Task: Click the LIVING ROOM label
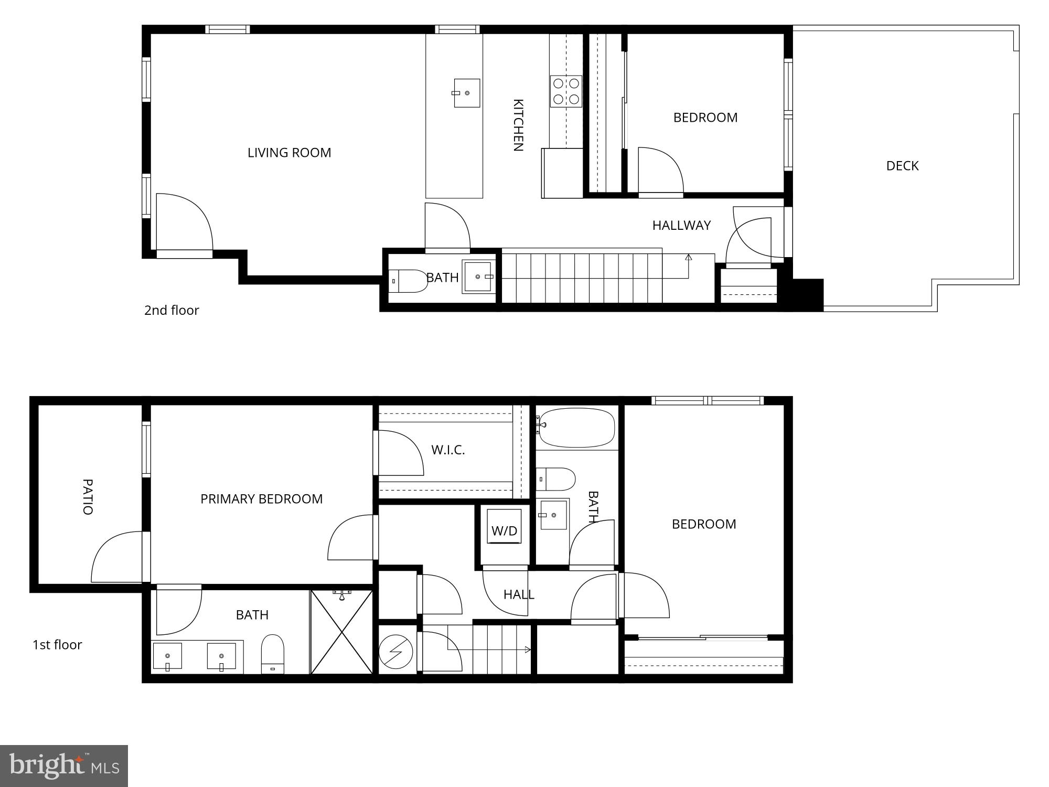289,153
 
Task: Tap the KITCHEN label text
518,125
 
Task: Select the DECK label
902,166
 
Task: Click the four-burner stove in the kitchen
566,91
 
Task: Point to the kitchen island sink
466,93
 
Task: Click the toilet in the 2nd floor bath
409,281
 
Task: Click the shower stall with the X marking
341,632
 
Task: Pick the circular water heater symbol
395,652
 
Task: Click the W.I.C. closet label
448,450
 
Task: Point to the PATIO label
88,496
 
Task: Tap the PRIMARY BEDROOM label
261,499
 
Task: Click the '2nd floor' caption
172,310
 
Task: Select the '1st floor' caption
57,645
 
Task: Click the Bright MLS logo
64,766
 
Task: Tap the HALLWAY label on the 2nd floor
681,225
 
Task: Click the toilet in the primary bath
273,654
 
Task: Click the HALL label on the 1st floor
519,594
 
